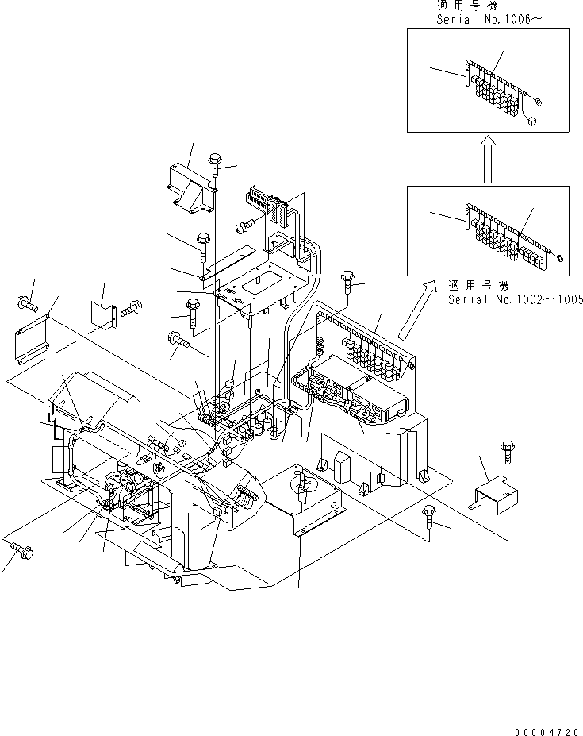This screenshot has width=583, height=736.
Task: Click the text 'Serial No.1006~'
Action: tap(489, 19)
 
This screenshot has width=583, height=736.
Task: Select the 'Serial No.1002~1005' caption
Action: tap(516, 299)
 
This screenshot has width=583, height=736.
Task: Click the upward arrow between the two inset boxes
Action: tap(489, 159)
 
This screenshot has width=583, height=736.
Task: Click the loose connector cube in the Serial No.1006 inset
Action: tap(531, 121)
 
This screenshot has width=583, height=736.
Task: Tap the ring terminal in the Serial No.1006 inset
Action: tap(539, 101)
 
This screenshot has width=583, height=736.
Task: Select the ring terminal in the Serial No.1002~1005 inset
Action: tap(560, 256)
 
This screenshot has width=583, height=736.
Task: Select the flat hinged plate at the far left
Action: tap(31, 340)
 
